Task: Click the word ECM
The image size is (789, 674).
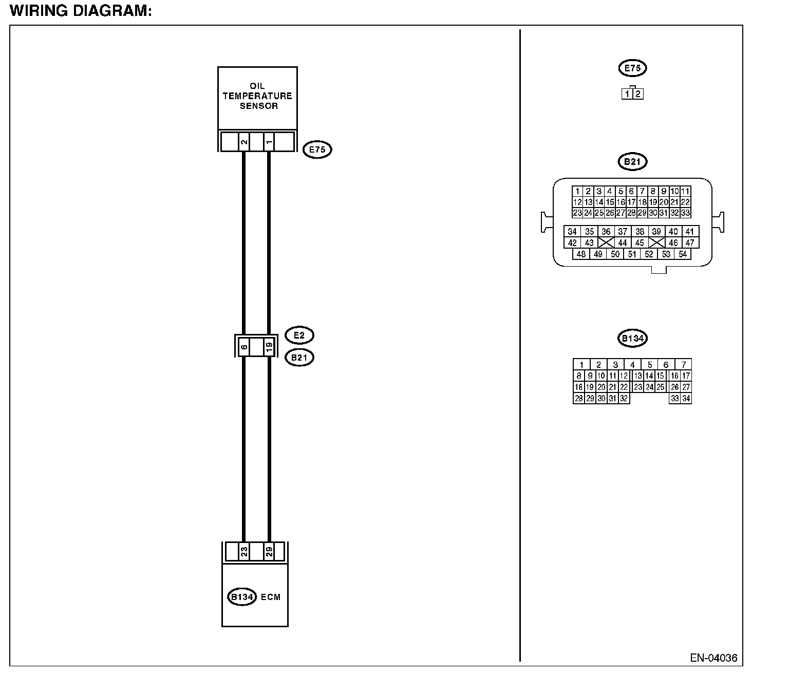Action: pos(271,597)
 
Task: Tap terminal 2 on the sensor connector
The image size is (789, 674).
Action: pos(244,142)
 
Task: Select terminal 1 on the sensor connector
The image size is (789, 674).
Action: pos(269,142)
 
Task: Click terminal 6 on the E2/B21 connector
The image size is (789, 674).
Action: pos(244,347)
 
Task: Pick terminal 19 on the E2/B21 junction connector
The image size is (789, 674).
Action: pos(269,347)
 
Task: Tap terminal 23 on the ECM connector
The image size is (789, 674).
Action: pos(244,552)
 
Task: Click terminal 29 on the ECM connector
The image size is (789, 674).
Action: pos(269,552)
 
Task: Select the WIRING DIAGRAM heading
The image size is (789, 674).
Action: pos(81,11)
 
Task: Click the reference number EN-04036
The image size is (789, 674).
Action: pos(713,658)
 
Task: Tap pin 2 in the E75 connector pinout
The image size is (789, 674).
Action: pos(638,94)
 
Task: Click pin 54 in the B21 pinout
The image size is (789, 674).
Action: pos(683,254)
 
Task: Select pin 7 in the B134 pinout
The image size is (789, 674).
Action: pos(683,364)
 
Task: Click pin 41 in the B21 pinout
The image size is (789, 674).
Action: pos(689,231)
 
